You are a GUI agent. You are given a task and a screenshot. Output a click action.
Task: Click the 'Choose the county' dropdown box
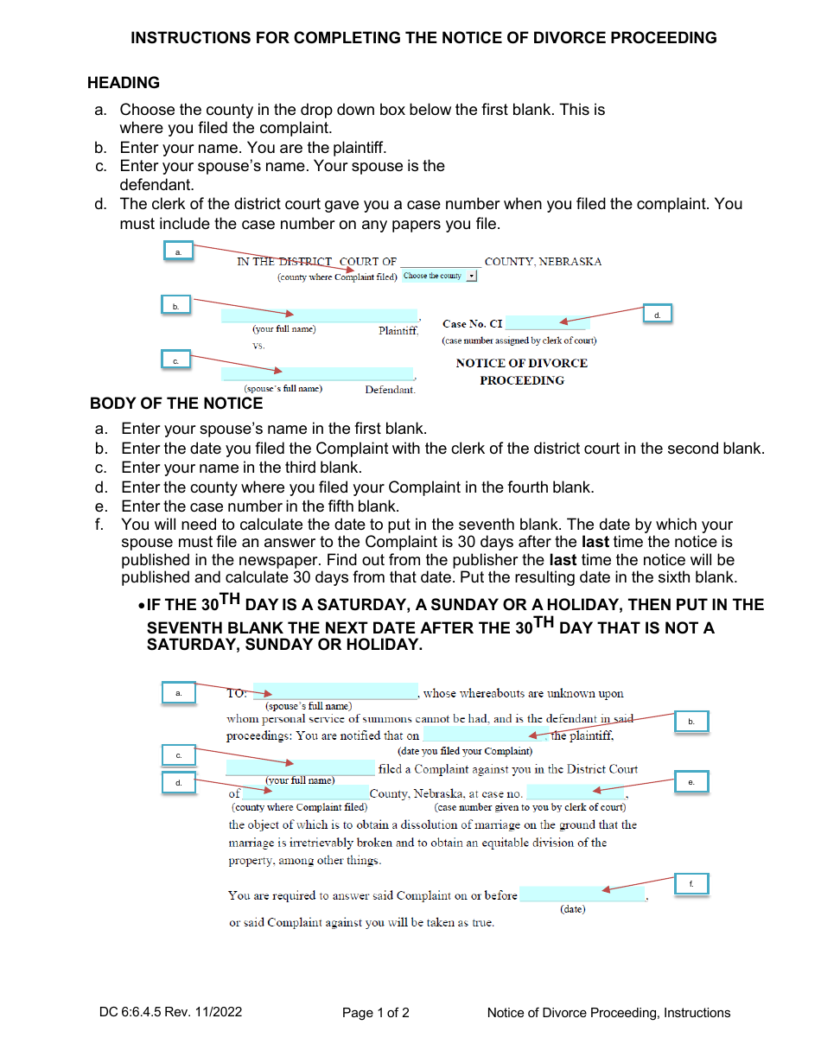(439, 277)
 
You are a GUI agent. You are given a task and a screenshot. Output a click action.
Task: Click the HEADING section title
(124, 83)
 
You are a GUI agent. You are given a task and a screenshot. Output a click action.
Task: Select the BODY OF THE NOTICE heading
(176, 404)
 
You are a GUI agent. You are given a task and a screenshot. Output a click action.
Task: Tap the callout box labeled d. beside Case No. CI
(658, 315)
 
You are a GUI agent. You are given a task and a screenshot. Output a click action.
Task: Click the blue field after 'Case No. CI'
(546, 324)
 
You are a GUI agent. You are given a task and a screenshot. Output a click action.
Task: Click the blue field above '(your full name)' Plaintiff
(319, 315)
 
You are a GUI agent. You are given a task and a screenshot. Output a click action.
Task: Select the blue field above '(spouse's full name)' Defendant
(317, 374)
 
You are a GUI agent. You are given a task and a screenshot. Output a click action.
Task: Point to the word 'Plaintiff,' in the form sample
(398, 331)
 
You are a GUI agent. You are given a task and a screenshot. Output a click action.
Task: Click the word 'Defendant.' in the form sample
(390, 390)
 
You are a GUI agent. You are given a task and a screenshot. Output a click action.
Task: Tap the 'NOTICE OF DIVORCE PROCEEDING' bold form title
(521, 372)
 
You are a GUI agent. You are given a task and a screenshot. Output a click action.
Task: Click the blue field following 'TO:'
(335, 692)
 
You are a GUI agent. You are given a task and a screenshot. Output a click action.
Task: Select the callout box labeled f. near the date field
(691, 883)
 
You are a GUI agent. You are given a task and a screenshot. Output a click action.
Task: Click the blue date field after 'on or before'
(582, 894)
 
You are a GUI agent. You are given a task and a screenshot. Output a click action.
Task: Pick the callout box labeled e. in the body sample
(691, 782)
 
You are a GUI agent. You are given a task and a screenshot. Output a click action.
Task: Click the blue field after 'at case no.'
(576, 792)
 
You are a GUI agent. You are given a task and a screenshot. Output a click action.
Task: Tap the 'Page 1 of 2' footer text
(376, 1013)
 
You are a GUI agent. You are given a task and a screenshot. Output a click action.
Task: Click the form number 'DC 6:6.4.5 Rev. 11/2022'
(170, 1013)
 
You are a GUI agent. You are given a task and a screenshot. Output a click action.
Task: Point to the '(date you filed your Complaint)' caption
(465, 751)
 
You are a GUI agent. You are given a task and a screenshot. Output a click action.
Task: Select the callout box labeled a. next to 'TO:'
(179, 693)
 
